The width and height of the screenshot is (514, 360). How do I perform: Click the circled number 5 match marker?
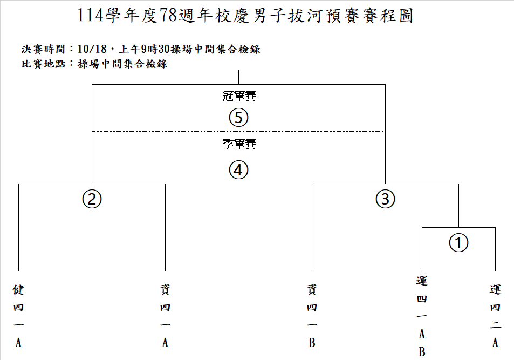(238, 118)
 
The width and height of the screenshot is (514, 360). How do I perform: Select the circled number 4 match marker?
(238, 170)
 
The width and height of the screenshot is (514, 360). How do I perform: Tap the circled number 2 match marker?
(92, 199)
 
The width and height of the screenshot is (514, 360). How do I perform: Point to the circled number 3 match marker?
(385, 199)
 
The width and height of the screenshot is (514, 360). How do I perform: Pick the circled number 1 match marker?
(458, 243)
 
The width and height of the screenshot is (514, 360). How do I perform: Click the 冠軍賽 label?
(238, 97)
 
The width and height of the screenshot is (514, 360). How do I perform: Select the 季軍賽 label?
(238, 144)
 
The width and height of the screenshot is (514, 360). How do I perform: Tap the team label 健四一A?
(18, 316)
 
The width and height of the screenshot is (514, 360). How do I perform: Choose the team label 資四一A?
(165, 316)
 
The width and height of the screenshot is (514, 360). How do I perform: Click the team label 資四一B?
(312, 316)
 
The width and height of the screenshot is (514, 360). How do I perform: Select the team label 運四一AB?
(422, 316)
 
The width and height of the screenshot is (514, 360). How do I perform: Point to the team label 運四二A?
(495, 316)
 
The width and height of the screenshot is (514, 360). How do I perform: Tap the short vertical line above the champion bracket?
(238, 77)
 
